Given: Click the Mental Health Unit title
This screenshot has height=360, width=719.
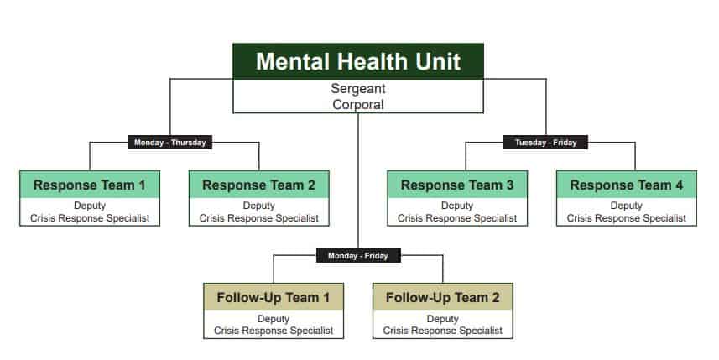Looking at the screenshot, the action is [358, 61].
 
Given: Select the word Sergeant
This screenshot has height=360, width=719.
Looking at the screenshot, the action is [358, 88].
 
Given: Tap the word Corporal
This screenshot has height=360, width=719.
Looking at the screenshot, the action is [358, 105].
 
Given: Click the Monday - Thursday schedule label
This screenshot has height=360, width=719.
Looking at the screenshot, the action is [169, 143].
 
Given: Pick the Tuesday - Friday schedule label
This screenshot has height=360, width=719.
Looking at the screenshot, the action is [545, 143].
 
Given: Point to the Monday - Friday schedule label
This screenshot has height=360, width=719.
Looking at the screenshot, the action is [358, 256].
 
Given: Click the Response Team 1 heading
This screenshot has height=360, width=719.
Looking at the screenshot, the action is [90, 185].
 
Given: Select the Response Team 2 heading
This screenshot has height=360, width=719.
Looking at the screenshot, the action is [259, 185].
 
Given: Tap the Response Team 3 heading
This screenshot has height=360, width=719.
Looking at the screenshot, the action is [457, 185].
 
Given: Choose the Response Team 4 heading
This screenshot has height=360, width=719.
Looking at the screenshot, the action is [627, 185].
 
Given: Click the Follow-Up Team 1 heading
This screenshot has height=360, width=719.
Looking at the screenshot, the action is [274, 298].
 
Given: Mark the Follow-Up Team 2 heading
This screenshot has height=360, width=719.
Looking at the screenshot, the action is [442, 298].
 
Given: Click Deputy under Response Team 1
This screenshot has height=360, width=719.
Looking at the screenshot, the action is [90, 206].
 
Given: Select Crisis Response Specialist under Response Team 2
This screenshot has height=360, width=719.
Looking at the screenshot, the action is [259, 218].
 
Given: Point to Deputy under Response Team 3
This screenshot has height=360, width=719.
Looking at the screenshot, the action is [457, 206].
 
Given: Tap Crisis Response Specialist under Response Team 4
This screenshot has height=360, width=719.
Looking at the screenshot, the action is [627, 218].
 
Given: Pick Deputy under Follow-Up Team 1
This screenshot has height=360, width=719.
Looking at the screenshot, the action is [274, 319].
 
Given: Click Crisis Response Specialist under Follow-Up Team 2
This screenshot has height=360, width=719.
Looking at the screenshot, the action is [442, 331].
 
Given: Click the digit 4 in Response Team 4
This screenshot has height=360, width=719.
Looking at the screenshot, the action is [679, 185].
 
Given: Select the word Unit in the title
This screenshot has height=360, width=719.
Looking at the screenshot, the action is [438, 61].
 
